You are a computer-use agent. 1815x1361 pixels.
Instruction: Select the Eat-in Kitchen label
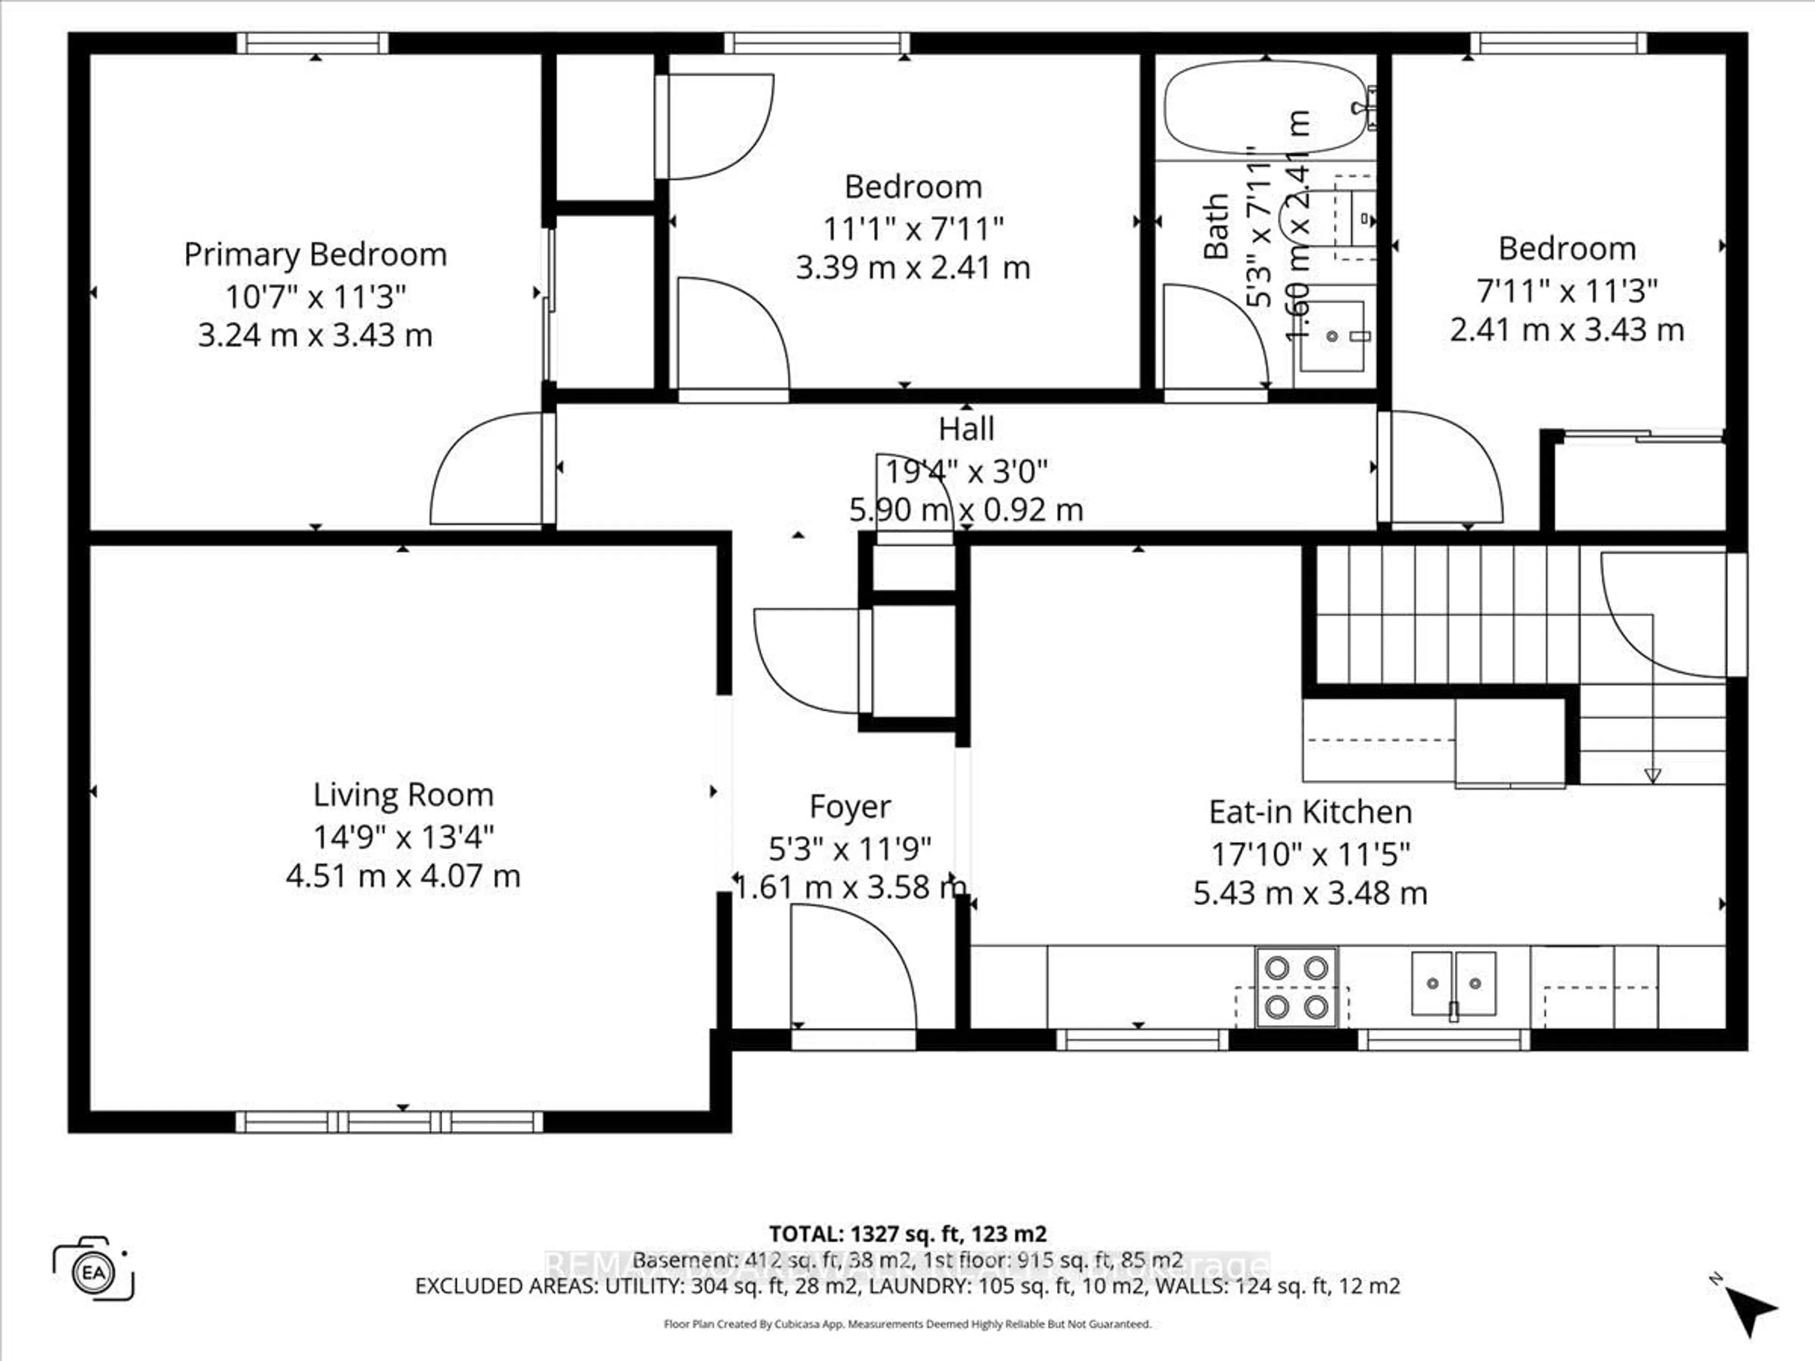[1310, 812]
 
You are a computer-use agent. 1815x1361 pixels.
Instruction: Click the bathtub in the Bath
[1263, 107]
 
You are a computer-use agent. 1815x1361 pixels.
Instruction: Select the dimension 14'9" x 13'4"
[403, 837]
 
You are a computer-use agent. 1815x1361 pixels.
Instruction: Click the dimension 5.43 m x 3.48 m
[1310, 893]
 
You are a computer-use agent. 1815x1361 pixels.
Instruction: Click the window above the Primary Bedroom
[312, 43]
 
